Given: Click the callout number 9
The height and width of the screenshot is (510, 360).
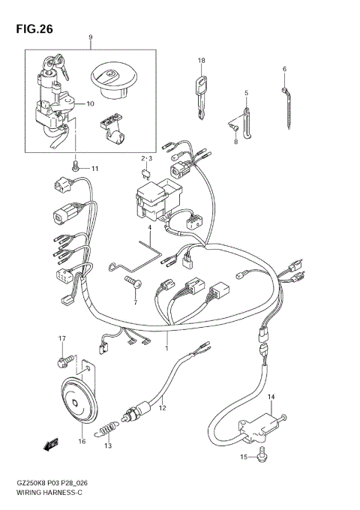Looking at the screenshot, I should coord(90,37).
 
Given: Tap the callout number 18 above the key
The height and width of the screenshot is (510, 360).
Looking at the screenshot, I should coord(201,60).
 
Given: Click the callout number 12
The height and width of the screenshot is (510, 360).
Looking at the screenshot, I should coord(161,408).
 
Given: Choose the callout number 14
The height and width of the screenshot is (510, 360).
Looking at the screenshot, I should coord(271,397).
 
